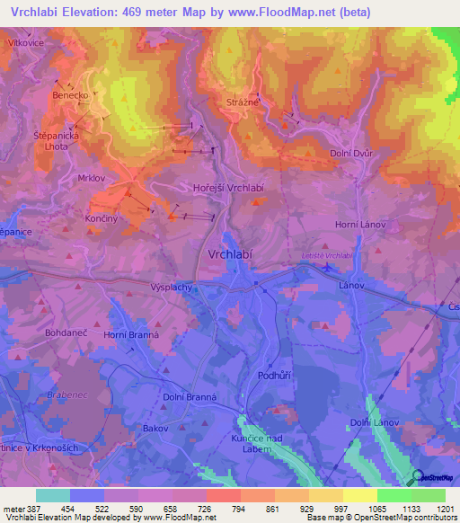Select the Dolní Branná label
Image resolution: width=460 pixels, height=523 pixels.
pos(190,396)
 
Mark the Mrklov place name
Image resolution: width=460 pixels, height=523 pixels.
pos(92,178)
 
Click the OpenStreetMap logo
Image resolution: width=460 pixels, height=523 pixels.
pos(434,479)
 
